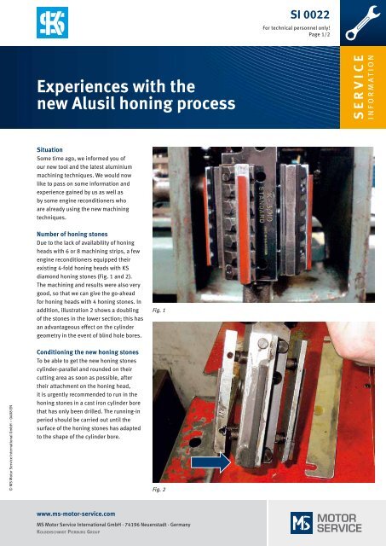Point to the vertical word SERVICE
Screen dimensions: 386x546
358,84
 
